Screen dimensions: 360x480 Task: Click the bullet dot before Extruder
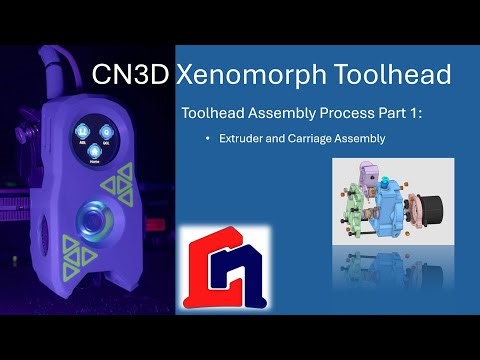tap(209, 138)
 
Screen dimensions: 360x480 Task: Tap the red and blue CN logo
tap(225, 269)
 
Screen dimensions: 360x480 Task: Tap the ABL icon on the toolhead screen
tap(83, 135)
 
